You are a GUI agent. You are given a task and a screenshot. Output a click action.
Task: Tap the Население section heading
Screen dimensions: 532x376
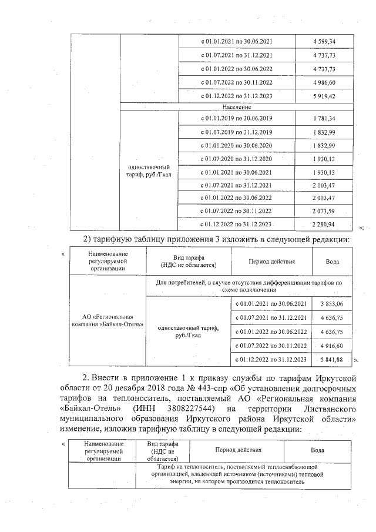(x=237, y=107)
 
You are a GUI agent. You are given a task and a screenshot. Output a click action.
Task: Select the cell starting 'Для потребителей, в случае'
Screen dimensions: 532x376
(x=249, y=286)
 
